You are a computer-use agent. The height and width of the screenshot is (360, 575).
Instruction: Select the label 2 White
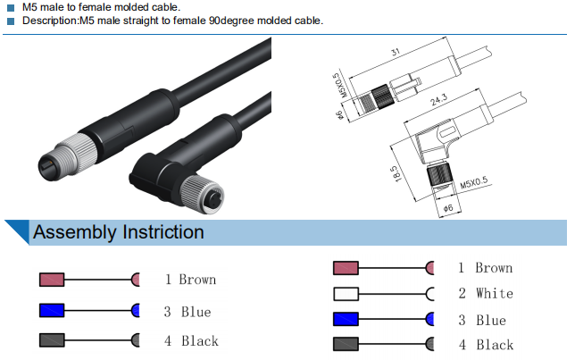(486, 293)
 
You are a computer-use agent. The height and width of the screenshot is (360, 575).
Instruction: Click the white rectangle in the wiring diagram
(346, 294)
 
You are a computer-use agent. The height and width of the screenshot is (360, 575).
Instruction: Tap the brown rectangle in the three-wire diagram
(53, 280)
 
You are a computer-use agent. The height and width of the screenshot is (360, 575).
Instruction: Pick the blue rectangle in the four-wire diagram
(346, 320)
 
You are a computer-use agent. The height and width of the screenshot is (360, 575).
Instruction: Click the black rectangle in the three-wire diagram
(53, 340)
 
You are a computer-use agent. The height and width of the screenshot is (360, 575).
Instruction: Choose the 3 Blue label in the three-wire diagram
(187, 312)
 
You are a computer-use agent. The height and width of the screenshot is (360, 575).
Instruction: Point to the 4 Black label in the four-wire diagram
(486, 345)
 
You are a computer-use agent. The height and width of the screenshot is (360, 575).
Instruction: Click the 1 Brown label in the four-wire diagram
(485, 268)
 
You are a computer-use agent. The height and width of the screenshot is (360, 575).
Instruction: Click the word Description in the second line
(52, 20)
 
